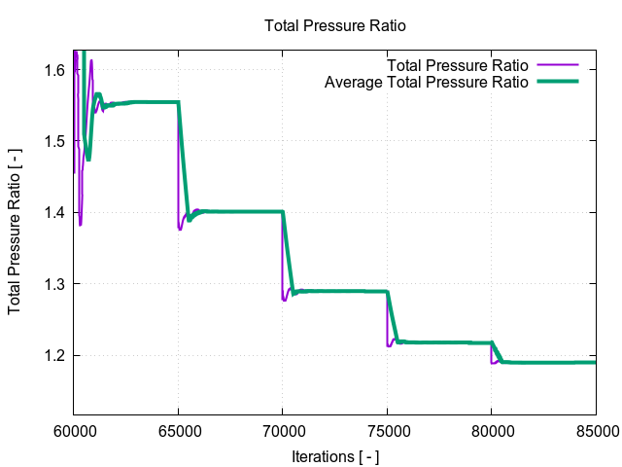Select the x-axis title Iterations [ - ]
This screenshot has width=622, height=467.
coord(335,455)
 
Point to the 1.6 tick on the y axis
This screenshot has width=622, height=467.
coord(53,70)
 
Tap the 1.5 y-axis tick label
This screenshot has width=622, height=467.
coord(53,141)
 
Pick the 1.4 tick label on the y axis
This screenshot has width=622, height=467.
coord(53,212)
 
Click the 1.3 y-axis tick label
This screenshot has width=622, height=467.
coord(53,284)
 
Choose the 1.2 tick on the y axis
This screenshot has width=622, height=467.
coord(53,355)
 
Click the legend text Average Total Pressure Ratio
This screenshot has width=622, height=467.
coord(426,83)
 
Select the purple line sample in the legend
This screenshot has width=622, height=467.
coord(557,65)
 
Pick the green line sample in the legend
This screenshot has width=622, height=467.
coord(557,83)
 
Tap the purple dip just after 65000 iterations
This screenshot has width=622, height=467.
coord(180,229)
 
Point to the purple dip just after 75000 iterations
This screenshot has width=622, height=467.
coord(389,345)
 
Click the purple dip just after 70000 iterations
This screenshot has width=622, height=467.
coord(284,300)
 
